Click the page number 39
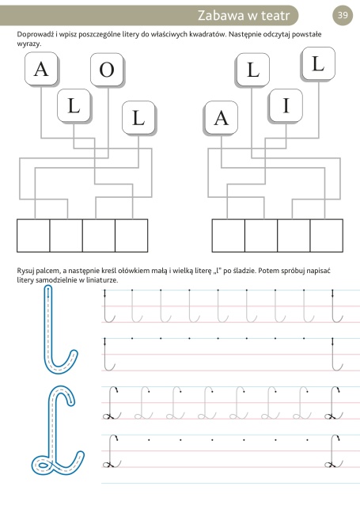[343, 15]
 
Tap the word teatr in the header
[274, 16]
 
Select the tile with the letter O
[107, 70]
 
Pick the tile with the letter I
[286, 105]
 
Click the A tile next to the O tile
[41, 69]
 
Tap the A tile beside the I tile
[222, 117]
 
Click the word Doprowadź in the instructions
[36, 34]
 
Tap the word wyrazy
[28, 44]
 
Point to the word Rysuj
[25, 271]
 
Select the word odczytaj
[276, 34]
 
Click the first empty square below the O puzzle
[33, 235]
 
